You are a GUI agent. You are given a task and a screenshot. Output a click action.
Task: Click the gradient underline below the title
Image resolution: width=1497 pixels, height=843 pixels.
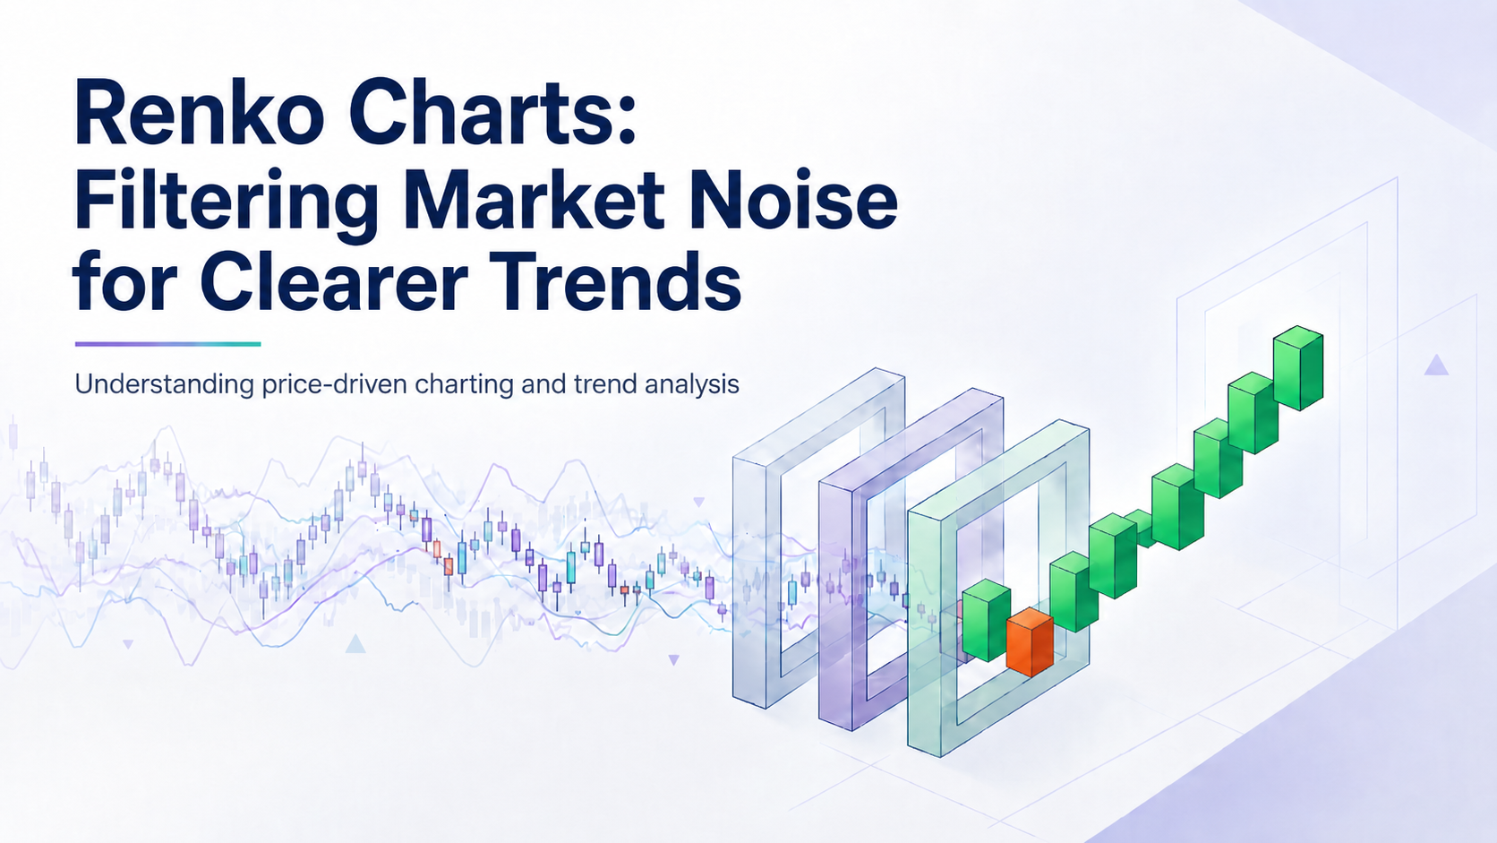click(x=167, y=344)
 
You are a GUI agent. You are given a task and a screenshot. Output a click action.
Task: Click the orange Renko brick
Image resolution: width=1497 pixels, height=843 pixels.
click(x=1030, y=641)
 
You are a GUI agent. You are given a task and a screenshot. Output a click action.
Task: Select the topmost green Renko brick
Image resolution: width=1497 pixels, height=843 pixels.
click(x=1298, y=367)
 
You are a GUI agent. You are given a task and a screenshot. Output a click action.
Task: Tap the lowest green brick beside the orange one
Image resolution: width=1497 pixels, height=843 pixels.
click(x=986, y=621)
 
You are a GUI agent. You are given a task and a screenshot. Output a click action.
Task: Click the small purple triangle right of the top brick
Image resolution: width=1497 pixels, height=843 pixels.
click(x=1436, y=365)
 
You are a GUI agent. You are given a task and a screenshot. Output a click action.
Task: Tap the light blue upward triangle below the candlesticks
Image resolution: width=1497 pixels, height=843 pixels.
click(x=355, y=644)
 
